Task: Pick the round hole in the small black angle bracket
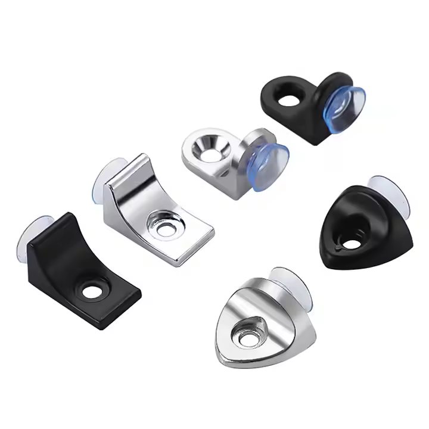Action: pyautogui.click(x=290, y=97)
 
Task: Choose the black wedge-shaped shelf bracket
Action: pyautogui.click(x=83, y=268)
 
